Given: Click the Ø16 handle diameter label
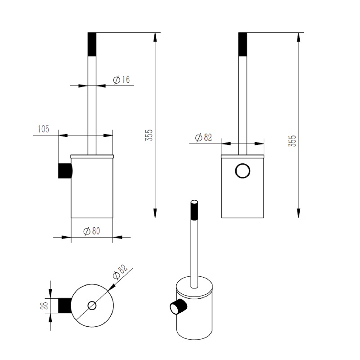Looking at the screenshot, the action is tap(121, 80).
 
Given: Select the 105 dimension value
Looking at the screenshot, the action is tap(43, 129).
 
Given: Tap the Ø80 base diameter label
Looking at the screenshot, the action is tap(92, 231).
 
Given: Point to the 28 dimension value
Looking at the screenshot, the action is tap(44, 306).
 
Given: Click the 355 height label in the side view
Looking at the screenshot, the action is tap(149, 135).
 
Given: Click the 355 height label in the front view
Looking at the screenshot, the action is tap(292, 141).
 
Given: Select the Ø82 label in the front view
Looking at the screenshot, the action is tap(203, 137).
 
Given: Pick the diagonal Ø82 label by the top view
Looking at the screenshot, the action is tap(120, 272).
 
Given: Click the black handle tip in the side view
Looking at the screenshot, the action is tap(92, 44).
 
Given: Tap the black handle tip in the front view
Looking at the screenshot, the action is tap(243, 44).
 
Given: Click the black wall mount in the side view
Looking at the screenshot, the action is tap(65, 171).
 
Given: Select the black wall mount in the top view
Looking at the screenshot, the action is tap(64, 306).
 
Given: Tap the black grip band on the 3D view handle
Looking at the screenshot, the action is tap(194, 211).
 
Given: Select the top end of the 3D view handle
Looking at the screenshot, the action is tap(194, 202).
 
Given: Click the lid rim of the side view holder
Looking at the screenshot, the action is tap(92, 157).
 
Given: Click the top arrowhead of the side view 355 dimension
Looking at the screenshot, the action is tap(155, 37).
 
